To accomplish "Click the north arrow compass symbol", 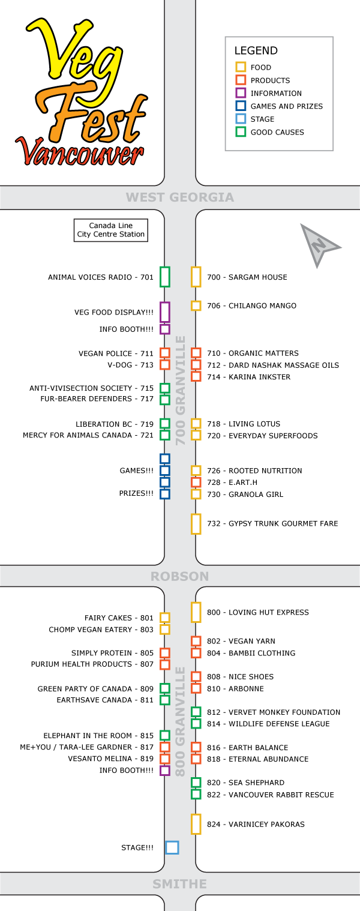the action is point(317,244).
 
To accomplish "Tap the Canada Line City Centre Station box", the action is point(110,230).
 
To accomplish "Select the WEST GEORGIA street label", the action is point(180,197).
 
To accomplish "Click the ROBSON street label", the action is point(180,576).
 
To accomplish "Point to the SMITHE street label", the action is point(180,884).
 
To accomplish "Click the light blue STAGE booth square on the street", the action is point(172,847).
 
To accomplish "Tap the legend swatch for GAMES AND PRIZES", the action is point(241,106).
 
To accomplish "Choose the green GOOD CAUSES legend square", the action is point(241,132).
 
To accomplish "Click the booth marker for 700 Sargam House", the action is point(196,277).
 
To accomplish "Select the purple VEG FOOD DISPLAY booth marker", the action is point(165,312).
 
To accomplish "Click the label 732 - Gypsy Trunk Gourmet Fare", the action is point(272,523).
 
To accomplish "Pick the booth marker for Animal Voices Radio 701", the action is point(165,277).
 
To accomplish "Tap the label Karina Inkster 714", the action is point(248,377).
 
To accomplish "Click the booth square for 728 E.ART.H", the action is point(196,483).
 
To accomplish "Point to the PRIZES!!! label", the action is point(136,493).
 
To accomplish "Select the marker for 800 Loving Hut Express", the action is point(196,613).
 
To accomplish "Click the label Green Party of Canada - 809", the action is point(95,689).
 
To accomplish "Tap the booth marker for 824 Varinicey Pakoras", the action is point(196,825).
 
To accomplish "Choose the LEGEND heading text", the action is point(256,50).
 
